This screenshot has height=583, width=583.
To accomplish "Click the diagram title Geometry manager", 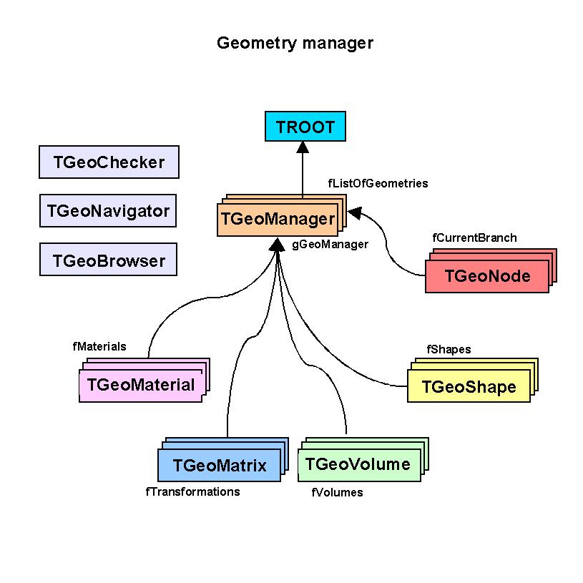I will pos(295,43).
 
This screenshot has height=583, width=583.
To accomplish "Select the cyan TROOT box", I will pos(305,127).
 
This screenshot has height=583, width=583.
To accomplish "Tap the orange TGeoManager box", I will pos(277,219).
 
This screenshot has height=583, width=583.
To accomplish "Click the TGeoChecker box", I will pos(109,162).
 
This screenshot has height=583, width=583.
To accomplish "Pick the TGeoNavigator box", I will pos(109,211).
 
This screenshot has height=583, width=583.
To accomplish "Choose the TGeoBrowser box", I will pos(109,260).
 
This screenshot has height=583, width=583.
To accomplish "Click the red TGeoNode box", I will pos(487,275).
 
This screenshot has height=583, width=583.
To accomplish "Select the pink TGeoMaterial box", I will pos(140,385).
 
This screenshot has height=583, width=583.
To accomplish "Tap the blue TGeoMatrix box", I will pos(219,466).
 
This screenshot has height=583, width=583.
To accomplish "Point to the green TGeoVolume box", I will pos(358,464).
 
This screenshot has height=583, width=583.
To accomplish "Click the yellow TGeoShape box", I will pos(469,387).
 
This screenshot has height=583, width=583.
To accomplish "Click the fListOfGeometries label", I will pos(378,183).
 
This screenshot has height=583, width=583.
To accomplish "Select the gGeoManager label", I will pos(330,244).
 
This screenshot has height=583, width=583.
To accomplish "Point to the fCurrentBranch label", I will pos(474,237).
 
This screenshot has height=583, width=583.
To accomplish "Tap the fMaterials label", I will pos(99,346).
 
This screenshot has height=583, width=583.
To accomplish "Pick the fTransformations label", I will pos(192,491).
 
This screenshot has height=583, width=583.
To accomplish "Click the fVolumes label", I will pos(337,492).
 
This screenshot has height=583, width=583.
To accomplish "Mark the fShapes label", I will pos(449,349).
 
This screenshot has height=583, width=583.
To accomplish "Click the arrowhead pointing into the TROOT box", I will pos(303,147).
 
